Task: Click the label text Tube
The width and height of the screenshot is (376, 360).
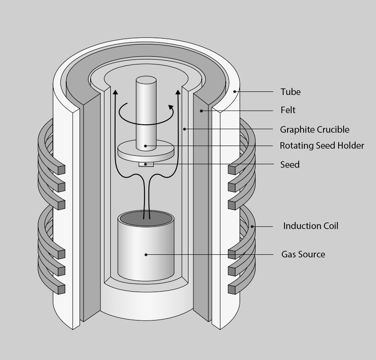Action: pyautogui.click(x=290, y=92)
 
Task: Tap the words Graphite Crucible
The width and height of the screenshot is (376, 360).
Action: pyautogui.click(x=314, y=130)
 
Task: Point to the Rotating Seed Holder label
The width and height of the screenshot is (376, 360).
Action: pyautogui.click(x=322, y=146)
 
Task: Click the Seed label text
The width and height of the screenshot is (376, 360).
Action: pyautogui.click(x=290, y=165)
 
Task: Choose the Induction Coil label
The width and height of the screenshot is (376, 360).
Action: pyautogui.click(x=311, y=226)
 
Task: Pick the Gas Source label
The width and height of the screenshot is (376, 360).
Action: pyautogui.click(x=303, y=254)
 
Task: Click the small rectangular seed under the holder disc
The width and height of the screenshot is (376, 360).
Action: pyautogui.click(x=146, y=164)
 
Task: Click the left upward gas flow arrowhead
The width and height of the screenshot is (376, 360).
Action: pyautogui.click(x=116, y=91)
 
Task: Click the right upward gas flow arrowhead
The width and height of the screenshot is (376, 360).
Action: pyautogui.click(x=178, y=91)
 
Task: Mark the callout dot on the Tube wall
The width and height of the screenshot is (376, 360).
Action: pyautogui.click(x=235, y=92)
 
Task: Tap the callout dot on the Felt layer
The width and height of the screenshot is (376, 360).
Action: pyautogui.click(x=202, y=110)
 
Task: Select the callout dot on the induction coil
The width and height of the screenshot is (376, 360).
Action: pyautogui.click(x=252, y=226)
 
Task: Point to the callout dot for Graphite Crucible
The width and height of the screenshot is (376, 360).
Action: pyautogui.click(x=184, y=129)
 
